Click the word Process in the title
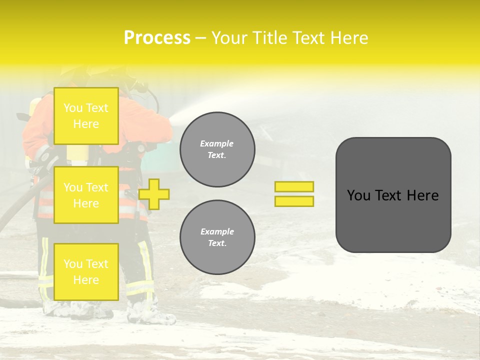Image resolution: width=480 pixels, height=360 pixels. click(x=157, y=38)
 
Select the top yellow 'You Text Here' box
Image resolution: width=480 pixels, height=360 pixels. click(x=86, y=116)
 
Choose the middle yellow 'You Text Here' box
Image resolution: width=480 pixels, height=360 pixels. click(x=86, y=195)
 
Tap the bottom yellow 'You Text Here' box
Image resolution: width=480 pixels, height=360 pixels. click(x=86, y=272)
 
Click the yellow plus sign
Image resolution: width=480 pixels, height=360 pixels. click(x=154, y=194)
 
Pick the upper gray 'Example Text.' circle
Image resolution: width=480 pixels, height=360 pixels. click(x=217, y=149)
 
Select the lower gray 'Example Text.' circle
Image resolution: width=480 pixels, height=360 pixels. click(x=217, y=237)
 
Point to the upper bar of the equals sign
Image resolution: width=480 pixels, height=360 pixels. click(x=294, y=186)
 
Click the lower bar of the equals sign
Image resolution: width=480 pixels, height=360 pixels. click(x=294, y=201)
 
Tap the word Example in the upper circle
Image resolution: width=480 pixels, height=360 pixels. click(x=217, y=143)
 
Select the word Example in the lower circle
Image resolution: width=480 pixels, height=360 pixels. click(x=217, y=231)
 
